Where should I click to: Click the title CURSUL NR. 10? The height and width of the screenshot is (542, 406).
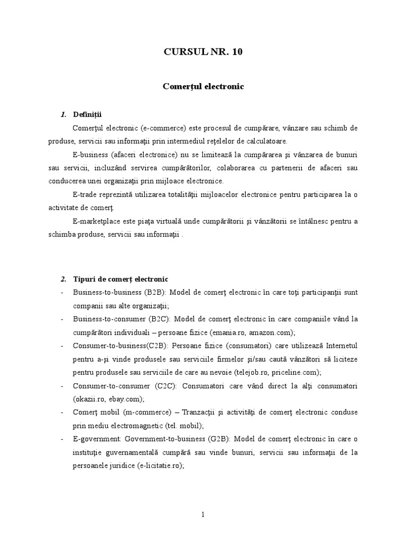204,52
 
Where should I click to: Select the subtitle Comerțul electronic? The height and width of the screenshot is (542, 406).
204,86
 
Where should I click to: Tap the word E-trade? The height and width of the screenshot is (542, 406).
86,195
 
